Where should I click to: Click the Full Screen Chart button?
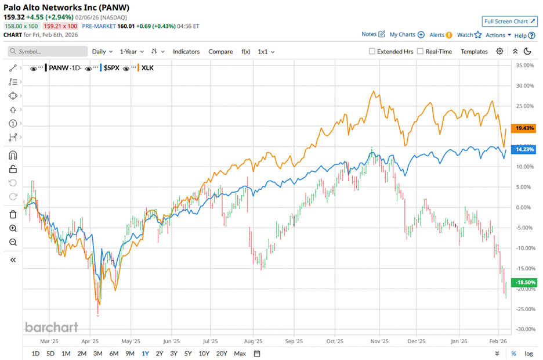(509, 21)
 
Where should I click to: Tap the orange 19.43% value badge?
(523, 128)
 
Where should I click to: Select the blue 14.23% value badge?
(523, 149)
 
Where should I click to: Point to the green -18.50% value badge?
(523, 281)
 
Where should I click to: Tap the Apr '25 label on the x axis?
(91, 341)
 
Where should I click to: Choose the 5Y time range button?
(188, 354)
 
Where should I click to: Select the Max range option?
(240, 354)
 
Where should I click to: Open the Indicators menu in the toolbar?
(186, 52)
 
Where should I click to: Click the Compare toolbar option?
(220, 52)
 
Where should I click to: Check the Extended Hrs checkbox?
(372, 52)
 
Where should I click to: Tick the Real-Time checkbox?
(420, 52)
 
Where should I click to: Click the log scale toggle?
(528, 354)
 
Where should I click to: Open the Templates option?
(474, 52)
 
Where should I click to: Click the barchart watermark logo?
(51, 327)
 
